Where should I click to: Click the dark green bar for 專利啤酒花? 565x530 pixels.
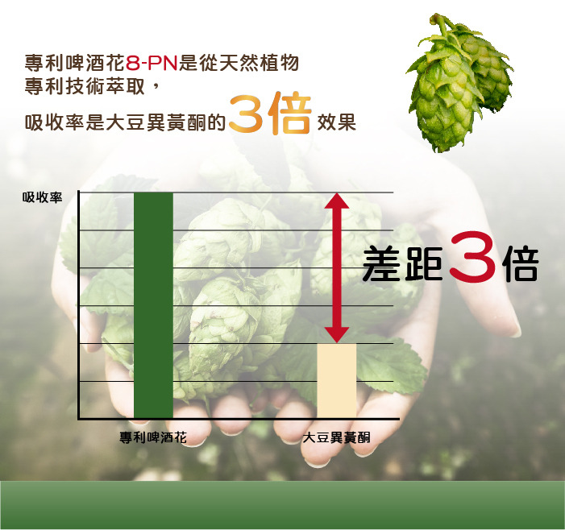[153, 305]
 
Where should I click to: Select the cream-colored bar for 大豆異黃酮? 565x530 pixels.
[336, 380]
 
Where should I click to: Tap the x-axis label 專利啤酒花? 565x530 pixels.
[153, 437]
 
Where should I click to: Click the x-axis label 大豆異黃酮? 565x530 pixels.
[336, 437]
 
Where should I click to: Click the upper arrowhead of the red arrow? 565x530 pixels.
[336, 201]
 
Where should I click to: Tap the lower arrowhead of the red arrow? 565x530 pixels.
[336, 333]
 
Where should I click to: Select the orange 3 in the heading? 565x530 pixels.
[246, 114]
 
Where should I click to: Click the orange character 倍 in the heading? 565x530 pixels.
[289, 114]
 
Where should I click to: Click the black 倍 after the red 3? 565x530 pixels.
[519, 263]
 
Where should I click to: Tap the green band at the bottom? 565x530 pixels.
[282, 504]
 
